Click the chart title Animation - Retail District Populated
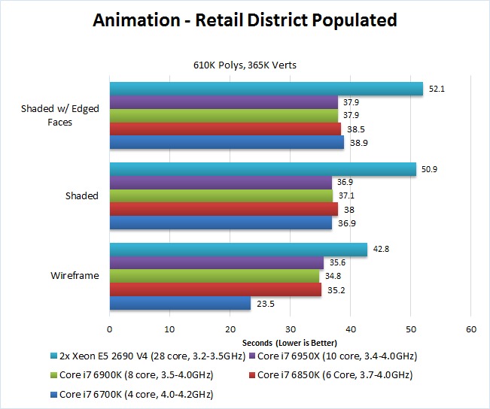[x=245, y=20]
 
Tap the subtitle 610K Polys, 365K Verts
[x=245, y=65]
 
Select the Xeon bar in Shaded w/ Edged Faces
[x=266, y=89]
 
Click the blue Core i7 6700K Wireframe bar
[x=180, y=303]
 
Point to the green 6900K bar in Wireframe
[x=215, y=276]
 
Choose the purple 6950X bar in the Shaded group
[x=221, y=182]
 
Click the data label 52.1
[x=438, y=89]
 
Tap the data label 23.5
[x=266, y=303]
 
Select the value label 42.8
[x=382, y=249]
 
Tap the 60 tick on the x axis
[x=470, y=329]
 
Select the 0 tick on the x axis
[x=110, y=329]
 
